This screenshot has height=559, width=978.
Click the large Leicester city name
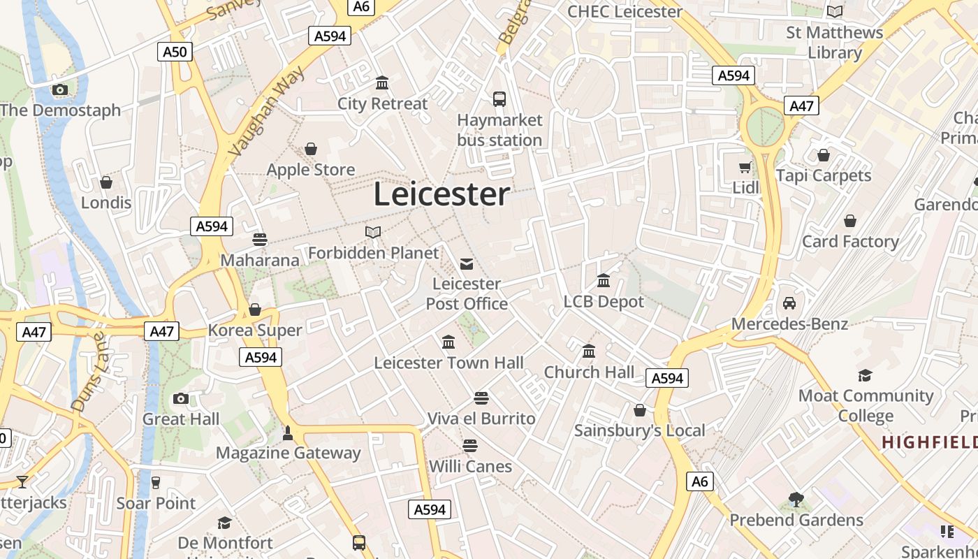tap(441, 194)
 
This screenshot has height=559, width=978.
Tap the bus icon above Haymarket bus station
tap(499, 99)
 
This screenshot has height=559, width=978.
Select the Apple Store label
tap(311, 170)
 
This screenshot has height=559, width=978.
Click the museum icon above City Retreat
tap(382, 83)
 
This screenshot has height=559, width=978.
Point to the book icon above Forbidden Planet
tap(373, 232)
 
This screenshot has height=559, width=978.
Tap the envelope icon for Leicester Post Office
tap(467, 263)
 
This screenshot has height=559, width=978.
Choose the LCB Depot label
tap(604, 302)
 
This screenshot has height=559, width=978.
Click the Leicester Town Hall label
tap(448, 363)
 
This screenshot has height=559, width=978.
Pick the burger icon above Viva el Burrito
tap(481, 398)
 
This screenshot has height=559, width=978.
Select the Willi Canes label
tap(470, 466)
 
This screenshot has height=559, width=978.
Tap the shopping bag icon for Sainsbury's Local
tap(640, 410)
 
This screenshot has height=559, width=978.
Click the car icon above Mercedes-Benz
tap(789, 303)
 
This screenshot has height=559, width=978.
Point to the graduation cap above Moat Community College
tap(866, 375)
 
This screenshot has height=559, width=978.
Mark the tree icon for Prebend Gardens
tap(796, 499)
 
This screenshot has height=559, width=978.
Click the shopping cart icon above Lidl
tap(745, 167)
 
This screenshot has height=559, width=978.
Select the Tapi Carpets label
tap(824, 175)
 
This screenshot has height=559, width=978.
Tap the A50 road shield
tap(175, 51)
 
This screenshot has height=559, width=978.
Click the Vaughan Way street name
tap(268, 110)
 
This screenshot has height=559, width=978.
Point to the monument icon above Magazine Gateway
tap(288, 433)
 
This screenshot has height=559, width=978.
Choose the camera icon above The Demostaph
tap(60, 89)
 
